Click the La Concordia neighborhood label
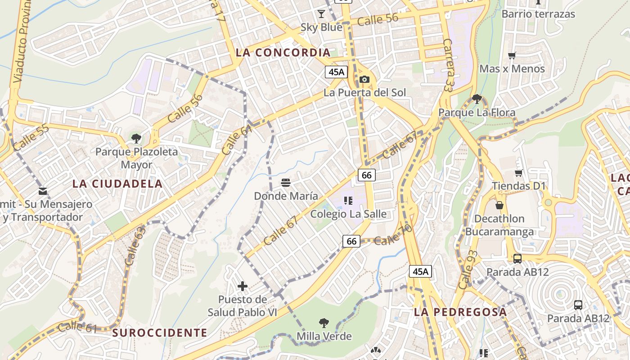pyautogui.click(x=283, y=53)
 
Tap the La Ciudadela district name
pyautogui.click(x=117, y=184)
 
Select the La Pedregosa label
pyautogui.click(x=460, y=312)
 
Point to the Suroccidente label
pyautogui.click(x=160, y=333)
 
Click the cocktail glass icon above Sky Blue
pyautogui.click(x=321, y=14)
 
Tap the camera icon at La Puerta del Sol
pyautogui.click(x=364, y=80)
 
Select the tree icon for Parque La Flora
pyautogui.click(x=477, y=99)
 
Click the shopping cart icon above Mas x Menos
pyautogui.click(x=512, y=56)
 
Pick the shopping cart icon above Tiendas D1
pyautogui.click(x=518, y=173)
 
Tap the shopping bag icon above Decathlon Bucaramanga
pyautogui.click(x=499, y=206)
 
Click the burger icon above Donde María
pyautogui.click(x=286, y=183)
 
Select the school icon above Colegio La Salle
pyautogui.click(x=348, y=200)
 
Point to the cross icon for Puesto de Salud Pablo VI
pyautogui.click(x=243, y=286)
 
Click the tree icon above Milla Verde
pyautogui.click(x=324, y=323)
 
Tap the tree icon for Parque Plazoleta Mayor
pyautogui.click(x=136, y=138)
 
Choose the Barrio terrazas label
pyautogui.click(x=538, y=14)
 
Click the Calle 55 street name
pyautogui.click(x=31, y=138)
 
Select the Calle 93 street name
pyautogui.click(x=467, y=270)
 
